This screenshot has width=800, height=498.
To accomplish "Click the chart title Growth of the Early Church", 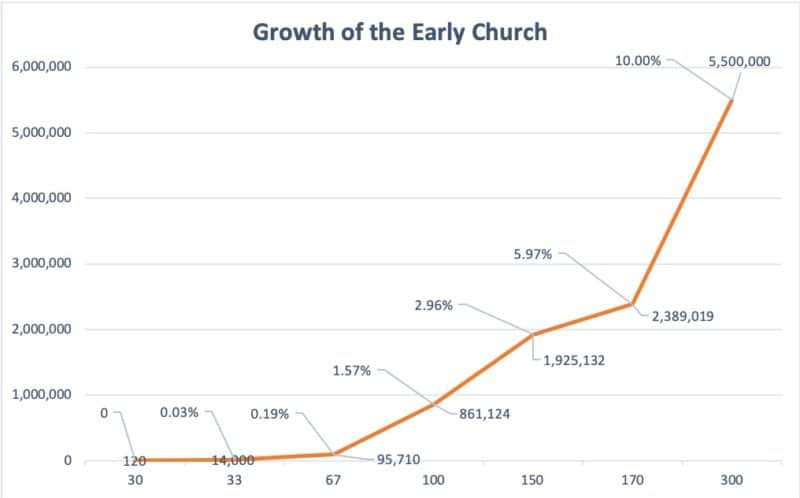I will (x=400, y=32).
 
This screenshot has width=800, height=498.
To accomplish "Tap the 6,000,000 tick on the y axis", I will (x=41, y=67).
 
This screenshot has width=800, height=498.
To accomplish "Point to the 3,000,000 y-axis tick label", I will (x=41, y=264).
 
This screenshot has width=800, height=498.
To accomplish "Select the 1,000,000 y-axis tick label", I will (x=41, y=395).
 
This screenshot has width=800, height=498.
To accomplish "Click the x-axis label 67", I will (x=333, y=481).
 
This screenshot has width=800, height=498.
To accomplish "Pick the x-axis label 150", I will (x=532, y=481).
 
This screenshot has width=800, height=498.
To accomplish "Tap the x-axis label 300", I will (x=731, y=481).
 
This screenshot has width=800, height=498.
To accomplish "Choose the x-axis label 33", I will (x=233, y=481).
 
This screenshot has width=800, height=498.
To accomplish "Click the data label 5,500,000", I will (x=739, y=61).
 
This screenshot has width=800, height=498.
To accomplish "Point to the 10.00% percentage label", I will (x=637, y=61).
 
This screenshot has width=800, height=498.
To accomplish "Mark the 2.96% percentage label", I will (x=433, y=305).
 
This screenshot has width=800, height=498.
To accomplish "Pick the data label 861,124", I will (x=485, y=413).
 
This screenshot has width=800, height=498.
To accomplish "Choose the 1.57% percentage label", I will (x=352, y=371).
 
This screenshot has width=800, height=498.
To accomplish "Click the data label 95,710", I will (x=398, y=460).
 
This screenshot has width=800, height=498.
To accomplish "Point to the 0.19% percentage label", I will (x=270, y=411).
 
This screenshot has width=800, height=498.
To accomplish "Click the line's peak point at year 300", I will (x=731, y=100).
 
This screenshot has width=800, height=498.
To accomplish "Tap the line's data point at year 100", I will (x=433, y=404).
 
